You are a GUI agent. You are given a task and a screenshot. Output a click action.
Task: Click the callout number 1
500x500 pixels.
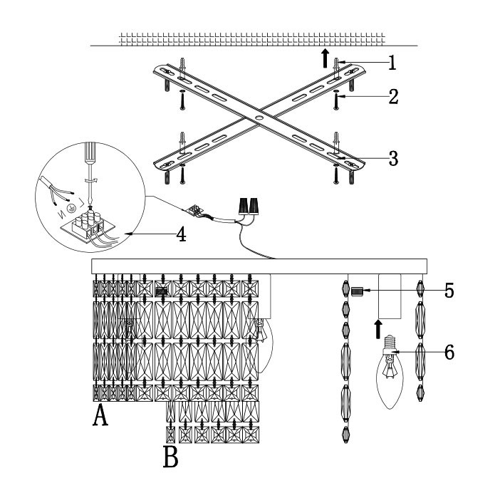(391, 63)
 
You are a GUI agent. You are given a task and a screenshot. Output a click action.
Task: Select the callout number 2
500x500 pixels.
(392, 97)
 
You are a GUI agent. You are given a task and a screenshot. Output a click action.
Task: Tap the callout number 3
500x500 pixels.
(392, 157)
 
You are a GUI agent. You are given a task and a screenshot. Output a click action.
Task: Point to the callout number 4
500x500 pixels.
(182, 234)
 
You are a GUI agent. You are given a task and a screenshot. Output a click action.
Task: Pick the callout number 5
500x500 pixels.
(448, 291)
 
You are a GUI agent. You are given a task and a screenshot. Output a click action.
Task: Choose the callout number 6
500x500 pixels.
(448, 353)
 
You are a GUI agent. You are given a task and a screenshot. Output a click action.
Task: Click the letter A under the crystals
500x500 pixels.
(100, 416)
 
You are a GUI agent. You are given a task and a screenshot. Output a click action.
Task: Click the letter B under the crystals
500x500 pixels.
(171, 457)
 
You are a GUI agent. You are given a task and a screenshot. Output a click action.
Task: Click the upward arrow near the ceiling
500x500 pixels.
(324, 57)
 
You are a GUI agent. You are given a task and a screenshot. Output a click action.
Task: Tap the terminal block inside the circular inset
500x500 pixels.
(91, 222)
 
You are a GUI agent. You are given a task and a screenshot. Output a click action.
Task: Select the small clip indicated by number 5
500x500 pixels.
(358, 291)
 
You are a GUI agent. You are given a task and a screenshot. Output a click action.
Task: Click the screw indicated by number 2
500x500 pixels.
(335, 103)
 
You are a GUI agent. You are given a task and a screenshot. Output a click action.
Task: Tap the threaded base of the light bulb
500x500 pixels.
(389, 345)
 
